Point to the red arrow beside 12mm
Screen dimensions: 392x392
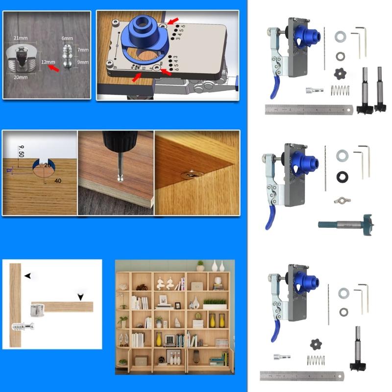pyautogui.click(x=53, y=69)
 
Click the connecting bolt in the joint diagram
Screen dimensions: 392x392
pyautogui.click(x=22, y=325)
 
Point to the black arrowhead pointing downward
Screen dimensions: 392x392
pyautogui.click(x=80, y=296)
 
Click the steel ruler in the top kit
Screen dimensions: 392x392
pyautogui.click(x=309, y=110)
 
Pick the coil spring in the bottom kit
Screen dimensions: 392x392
pyautogui.click(x=316, y=360)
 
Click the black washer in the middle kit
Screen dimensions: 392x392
pyautogui.click(x=341, y=176)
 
